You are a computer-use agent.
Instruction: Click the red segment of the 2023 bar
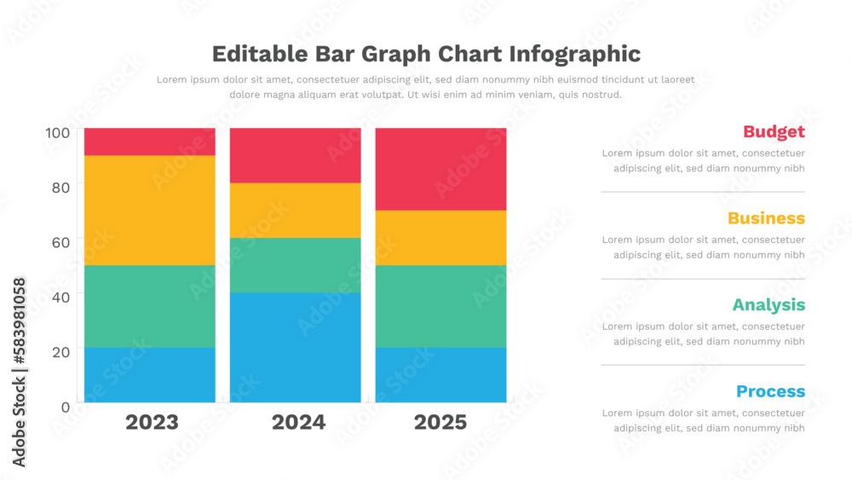pyautogui.click(x=149, y=142)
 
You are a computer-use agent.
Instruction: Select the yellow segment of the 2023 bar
pyautogui.click(x=149, y=210)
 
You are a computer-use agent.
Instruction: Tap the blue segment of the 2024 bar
pyautogui.click(x=295, y=347)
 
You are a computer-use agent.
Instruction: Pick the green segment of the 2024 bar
pyautogui.click(x=295, y=265)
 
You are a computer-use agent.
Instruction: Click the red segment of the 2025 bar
pyautogui.click(x=440, y=169)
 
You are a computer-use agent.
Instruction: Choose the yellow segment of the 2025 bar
pyautogui.click(x=440, y=237)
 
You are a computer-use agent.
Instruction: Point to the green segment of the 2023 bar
pyautogui.click(x=149, y=306)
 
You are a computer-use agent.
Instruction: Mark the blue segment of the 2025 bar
pyautogui.click(x=440, y=374)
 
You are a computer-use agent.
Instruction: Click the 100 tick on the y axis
pyautogui.click(x=58, y=133)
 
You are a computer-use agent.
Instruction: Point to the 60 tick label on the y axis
pyautogui.click(x=58, y=242)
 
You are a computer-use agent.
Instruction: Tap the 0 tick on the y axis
pyautogui.click(x=65, y=407)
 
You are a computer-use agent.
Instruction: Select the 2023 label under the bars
pyautogui.click(x=152, y=422)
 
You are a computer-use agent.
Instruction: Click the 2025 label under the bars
pyautogui.click(x=440, y=422)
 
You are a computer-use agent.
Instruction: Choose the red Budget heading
pyautogui.click(x=774, y=131)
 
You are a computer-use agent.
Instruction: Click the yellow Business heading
pyautogui.click(x=766, y=218)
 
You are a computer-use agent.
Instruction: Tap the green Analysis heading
pyautogui.click(x=769, y=304)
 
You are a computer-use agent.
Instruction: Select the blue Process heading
pyautogui.click(x=770, y=391)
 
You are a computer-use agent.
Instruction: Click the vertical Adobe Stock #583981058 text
pyautogui.click(x=19, y=372)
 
